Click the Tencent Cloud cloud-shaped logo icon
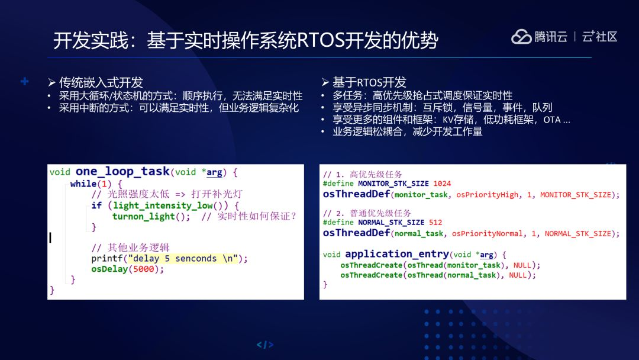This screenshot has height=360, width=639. tap(521, 37)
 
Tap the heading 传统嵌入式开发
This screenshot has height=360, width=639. tap(101, 82)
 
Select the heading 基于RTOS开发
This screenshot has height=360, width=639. tap(369, 82)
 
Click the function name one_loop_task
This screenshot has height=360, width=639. tap(122, 171)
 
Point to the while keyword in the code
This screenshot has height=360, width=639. tap(83, 184)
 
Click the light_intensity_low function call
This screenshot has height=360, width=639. tap(163, 205)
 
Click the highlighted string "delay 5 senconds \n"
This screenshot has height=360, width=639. tap(183, 259)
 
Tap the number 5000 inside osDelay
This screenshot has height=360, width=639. tap(143, 269)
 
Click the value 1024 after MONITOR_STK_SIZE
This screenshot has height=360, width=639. tap(442, 184)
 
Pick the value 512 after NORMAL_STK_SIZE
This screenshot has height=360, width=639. tap(435, 223)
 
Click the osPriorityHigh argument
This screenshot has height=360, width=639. tap(487, 195)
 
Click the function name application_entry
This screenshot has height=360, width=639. tap(397, 254)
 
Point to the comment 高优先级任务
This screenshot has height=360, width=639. tap(376, 175)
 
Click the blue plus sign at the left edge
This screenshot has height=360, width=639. tap(24, 82)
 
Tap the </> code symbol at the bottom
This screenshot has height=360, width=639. tap(265, 345)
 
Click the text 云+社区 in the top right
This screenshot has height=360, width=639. tap(599, 37)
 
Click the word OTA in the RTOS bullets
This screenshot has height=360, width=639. tap(552, 120)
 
